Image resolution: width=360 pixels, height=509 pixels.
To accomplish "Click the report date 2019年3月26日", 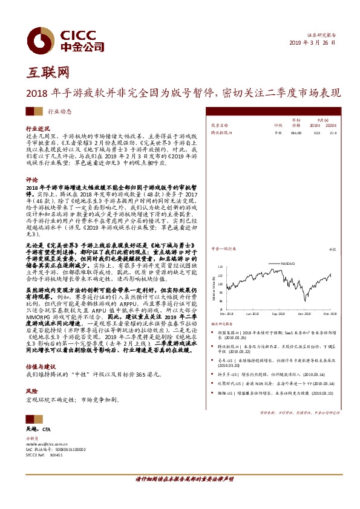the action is pyautogui.click(x=312, y=44).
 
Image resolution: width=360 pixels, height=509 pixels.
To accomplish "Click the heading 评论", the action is pyautogui.click(x=31, y=180).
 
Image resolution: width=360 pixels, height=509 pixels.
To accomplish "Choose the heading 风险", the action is pyautogui.click(x=31, y=391).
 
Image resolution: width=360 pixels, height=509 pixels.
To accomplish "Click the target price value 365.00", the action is pyautogui.click(x=296, y=132).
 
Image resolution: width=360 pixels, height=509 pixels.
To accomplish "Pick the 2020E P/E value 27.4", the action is pyautogui.click(x=332, y=132).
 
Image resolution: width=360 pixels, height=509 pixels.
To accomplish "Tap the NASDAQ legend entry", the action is pyautogui.click(x=288, y=263).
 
